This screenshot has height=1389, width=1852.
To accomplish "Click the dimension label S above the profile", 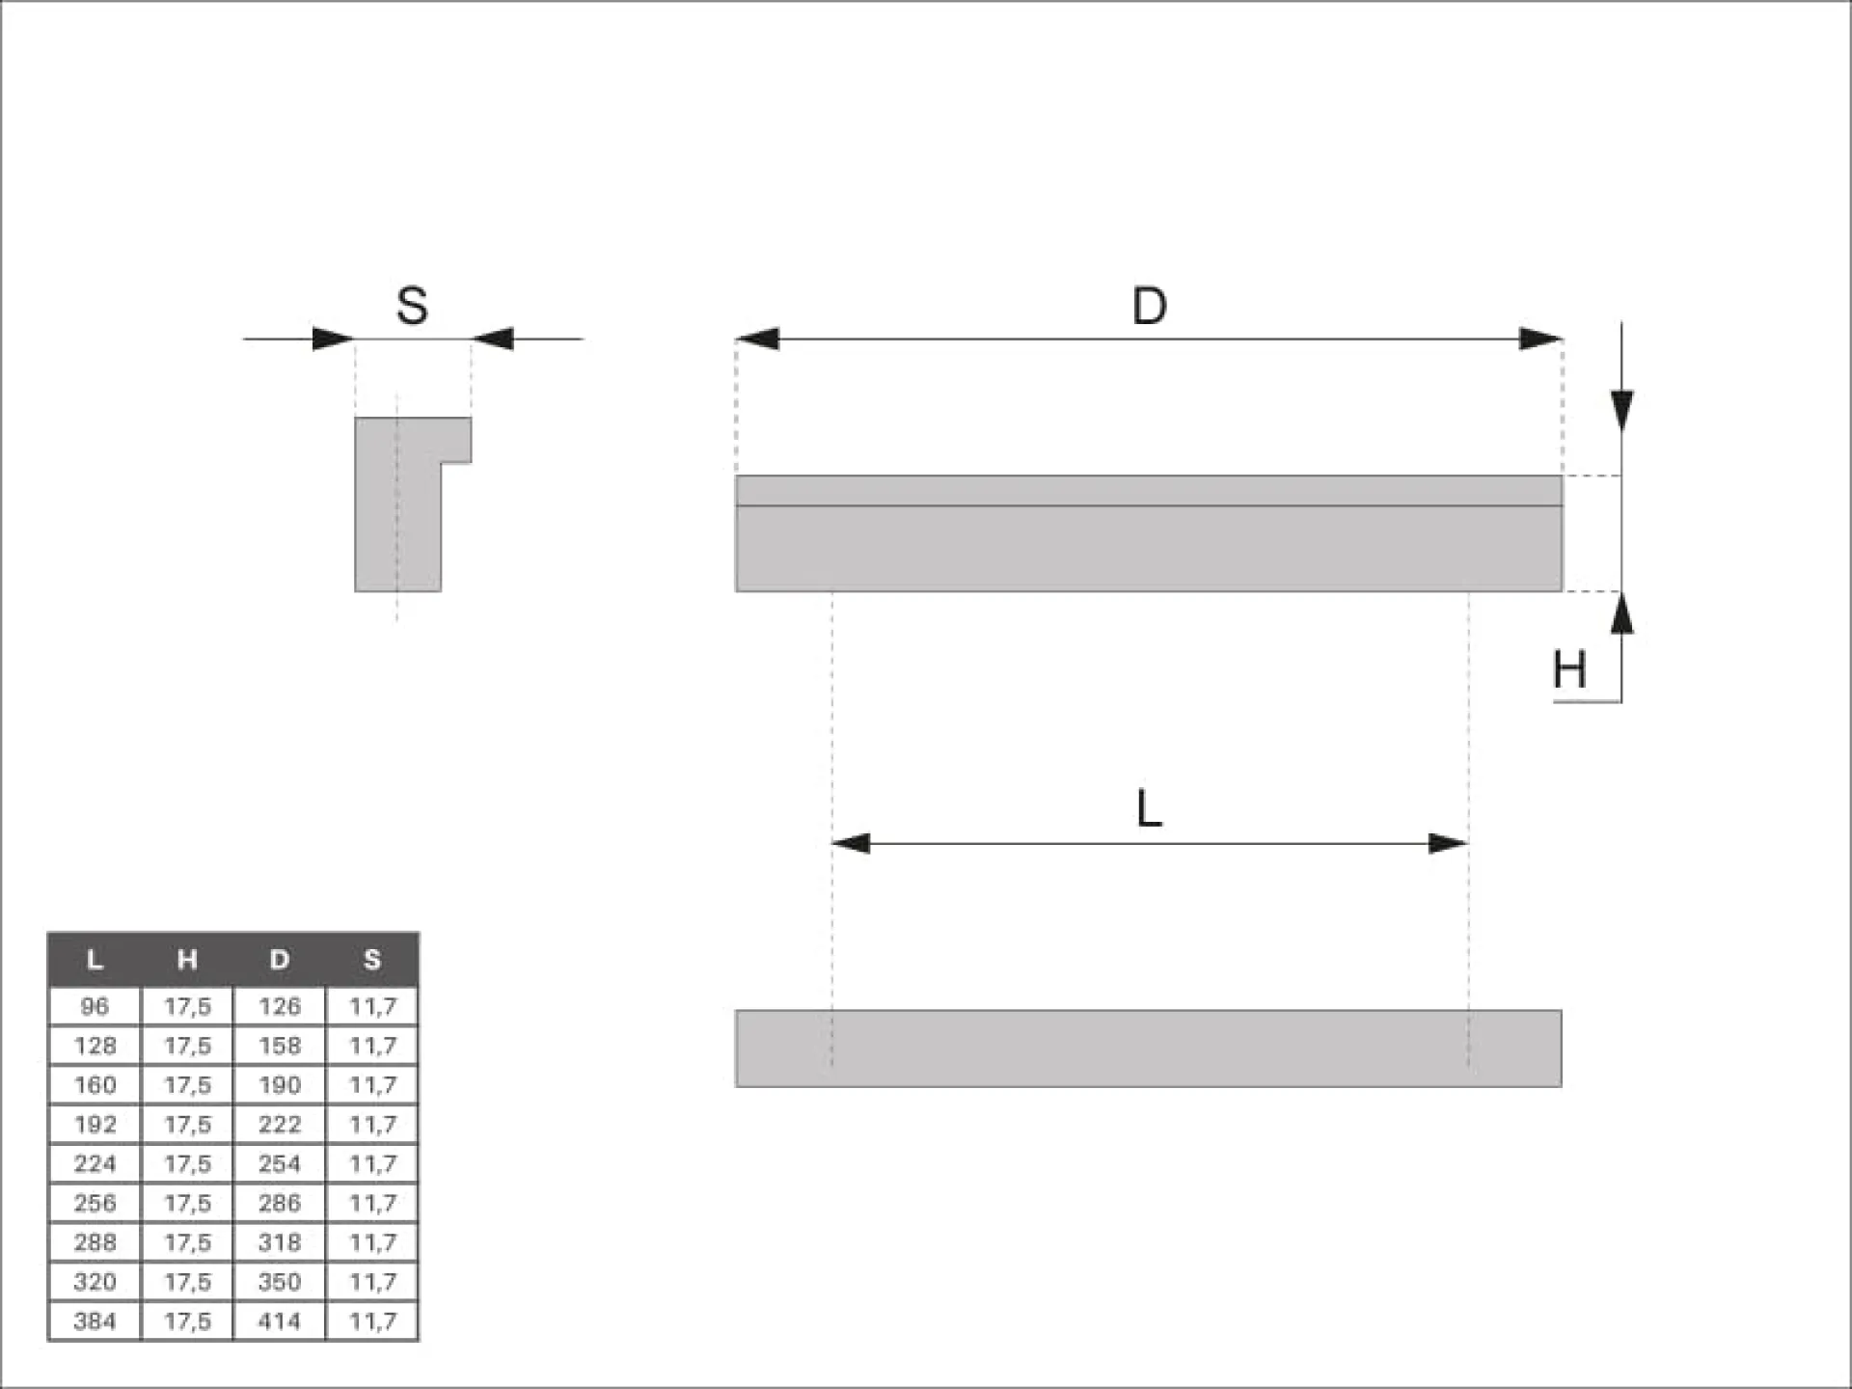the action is tap(412, 306).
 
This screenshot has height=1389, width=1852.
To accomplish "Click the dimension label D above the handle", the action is tap(1149, 306).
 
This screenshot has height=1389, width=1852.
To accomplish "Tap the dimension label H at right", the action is tap(1569, 669).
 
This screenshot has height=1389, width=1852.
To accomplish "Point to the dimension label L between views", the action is tap(1149, 808).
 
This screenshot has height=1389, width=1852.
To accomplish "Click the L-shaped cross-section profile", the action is tap(397, 504).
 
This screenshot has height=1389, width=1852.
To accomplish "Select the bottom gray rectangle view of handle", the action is tap(1148, 1049).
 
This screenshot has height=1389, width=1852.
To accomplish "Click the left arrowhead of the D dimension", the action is tap(757, 339).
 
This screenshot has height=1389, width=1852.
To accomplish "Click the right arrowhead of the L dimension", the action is tap(1448, 844).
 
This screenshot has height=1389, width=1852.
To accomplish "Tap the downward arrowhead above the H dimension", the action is tap(1622, 412).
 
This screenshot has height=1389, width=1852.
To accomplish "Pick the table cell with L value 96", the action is tap(95, 1006).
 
